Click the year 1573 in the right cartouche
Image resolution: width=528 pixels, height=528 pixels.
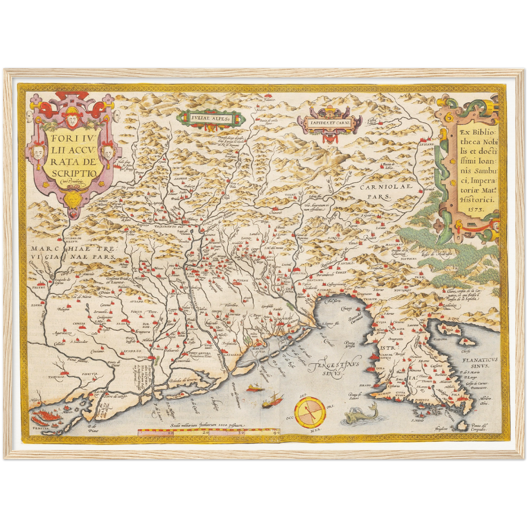475,210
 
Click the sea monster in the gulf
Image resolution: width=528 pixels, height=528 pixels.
360,414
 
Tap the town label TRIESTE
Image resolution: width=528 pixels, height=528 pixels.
369,299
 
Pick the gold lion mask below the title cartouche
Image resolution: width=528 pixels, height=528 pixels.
78,200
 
